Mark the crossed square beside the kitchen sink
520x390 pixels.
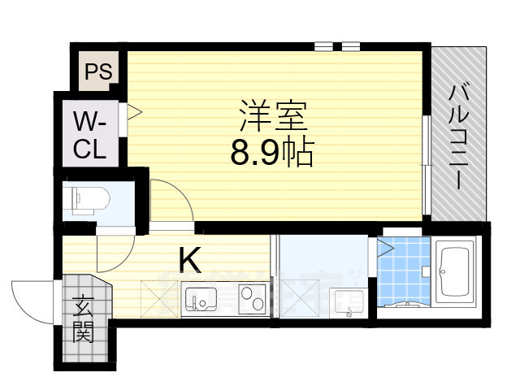coord(160,299)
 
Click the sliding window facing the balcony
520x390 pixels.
coord(425,167)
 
